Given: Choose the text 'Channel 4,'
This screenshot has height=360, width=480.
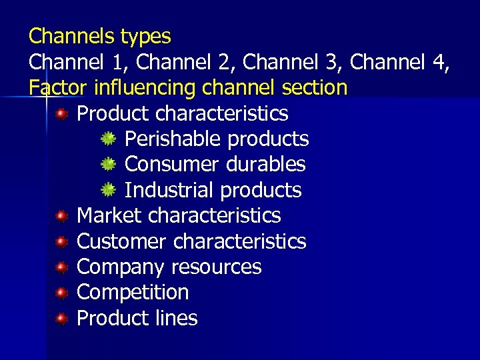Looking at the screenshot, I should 399,61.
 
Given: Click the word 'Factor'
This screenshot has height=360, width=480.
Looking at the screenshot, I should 58,87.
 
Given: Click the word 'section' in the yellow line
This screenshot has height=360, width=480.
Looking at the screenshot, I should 313,87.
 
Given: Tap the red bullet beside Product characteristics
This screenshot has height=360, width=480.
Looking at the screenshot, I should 61,114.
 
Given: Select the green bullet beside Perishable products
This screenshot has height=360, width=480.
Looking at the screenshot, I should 108,139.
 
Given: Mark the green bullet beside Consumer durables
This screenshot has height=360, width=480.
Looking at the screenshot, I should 108,165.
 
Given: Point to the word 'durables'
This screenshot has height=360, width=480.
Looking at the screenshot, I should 271,164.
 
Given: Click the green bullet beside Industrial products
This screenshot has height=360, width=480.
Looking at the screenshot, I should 108,191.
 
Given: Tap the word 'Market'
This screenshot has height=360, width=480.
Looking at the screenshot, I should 109,215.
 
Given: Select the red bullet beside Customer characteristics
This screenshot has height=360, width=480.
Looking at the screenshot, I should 61,241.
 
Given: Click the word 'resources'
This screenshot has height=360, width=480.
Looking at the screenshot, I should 217,267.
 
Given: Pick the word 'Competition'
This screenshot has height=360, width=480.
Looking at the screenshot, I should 133,292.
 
